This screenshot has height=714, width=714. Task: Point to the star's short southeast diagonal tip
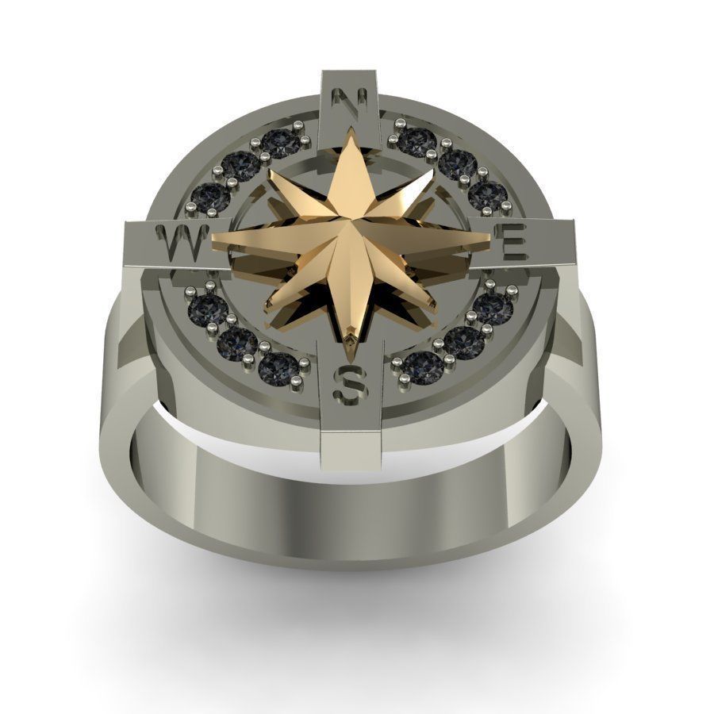(434, 306)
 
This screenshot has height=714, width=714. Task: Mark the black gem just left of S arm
(278, 367)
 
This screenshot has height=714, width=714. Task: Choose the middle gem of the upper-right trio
(457, 163)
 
